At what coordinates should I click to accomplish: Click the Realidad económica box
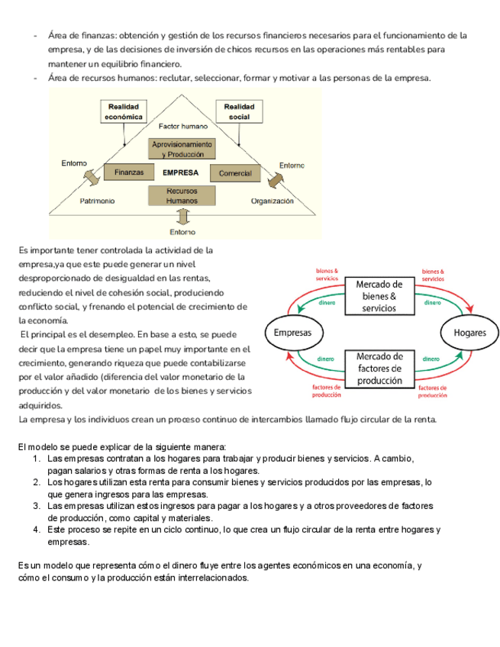(124, 111)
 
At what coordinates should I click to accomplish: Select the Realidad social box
(239, 111)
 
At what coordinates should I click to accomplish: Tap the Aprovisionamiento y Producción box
(182, 149)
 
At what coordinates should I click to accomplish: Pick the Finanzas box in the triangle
(129, 172)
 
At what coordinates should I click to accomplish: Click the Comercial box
(235, 173)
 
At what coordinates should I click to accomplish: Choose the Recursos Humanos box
(182, 195)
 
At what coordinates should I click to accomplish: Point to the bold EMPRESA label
(181, 172)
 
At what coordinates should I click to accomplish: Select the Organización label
(273, 201)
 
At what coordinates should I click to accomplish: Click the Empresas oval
(294, 333)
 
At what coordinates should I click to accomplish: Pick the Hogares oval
(469, 333)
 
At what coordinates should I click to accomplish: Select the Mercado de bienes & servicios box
(379, 296)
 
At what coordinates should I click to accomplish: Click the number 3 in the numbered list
(37, 506)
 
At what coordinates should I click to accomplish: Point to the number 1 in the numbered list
(37, 459)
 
